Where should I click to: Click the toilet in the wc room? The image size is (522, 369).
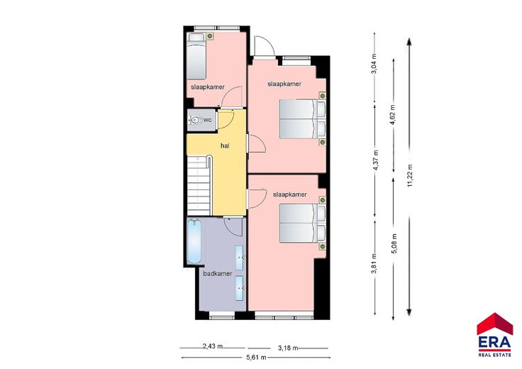(196, 120)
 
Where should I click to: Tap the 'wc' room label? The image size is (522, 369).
(207, 120)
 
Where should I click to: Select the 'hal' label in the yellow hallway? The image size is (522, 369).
(225, 145)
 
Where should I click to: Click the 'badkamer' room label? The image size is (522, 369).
(218, 274)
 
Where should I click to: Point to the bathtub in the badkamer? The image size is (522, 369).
(194, 241)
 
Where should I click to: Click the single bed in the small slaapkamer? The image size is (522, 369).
(196, 56)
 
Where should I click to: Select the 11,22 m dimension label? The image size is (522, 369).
(410, 175)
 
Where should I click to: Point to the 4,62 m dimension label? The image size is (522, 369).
(393, 114)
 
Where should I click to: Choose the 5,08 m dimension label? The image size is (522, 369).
(394, 243)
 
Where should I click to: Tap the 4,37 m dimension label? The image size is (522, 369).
(376, 160)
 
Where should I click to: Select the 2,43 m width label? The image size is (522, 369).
(213, 346)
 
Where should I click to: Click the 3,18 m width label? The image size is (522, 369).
(288, 348)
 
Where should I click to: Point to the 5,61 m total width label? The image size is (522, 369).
(256, 358)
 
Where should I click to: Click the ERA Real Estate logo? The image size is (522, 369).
(495, 335)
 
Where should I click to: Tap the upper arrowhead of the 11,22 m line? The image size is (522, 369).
(409, 42)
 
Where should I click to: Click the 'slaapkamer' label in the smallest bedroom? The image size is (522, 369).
(208, 87)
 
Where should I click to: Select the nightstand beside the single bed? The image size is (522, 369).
(210, 36)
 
